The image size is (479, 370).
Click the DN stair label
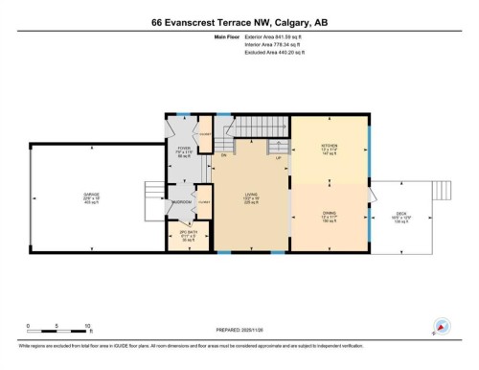[223, 154]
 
